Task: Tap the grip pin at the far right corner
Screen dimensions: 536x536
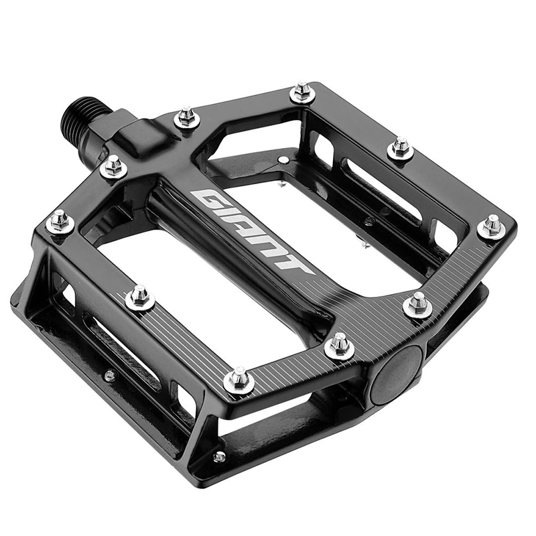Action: point(491,226)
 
